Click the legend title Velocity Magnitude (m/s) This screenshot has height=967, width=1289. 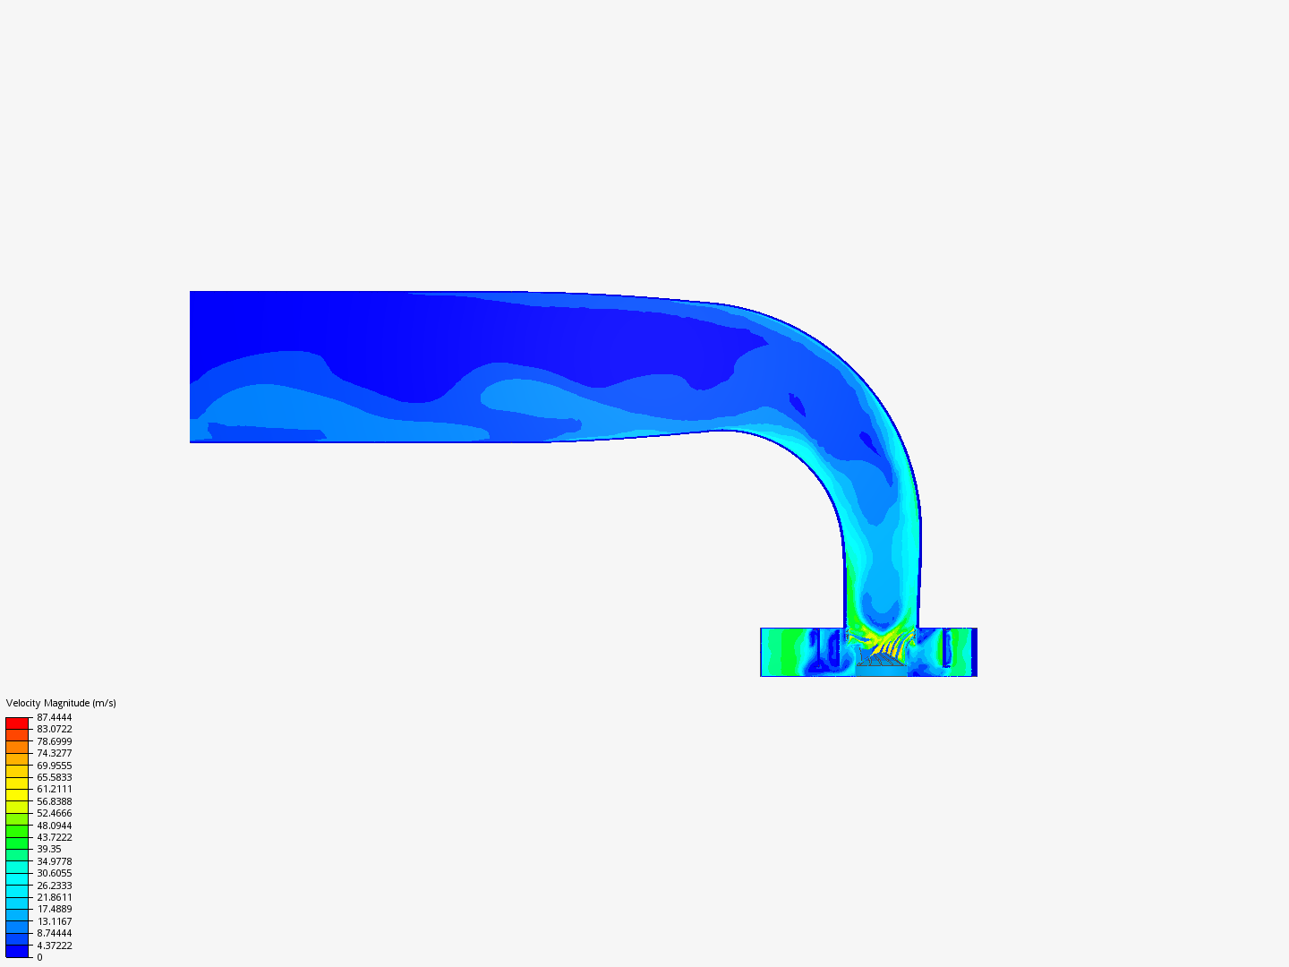click(x=61, y=703)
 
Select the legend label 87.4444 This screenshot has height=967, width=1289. click(x=54, y=717)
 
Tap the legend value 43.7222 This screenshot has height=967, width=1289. click(x=54, y=837)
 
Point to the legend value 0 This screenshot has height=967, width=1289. click(x=39, y=957)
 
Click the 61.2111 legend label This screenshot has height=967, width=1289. click(x=54, y=789)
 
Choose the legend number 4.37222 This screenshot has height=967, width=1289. click(x=54, y=946)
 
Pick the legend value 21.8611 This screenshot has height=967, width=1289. click(x=54, y=897)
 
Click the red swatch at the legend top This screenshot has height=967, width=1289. click(x=17, y=723)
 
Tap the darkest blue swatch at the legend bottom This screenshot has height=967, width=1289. click(x=17, y=951)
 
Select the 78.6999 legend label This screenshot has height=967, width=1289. click(x=54, y=741)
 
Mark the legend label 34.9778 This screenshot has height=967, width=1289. click(x=54, y=861)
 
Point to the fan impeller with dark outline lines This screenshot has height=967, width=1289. click(x=882, y=660)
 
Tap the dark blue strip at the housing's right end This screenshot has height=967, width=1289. click(x=974, y=652)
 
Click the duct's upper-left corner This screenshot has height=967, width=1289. click(x=191, y=292)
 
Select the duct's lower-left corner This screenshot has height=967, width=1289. click(x=191, y=441)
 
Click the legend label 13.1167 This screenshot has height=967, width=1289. click(x=54, y=921)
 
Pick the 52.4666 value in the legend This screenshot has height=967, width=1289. click(x=54, y=813)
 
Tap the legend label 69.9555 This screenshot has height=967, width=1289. click(x=54, y=766)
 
